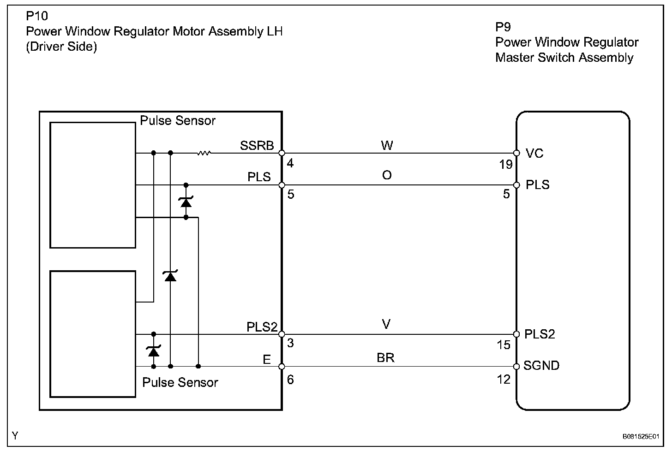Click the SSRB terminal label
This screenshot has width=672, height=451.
257,146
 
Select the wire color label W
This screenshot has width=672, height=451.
387,146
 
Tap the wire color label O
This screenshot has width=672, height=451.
387,175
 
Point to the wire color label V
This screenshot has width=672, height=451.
386,325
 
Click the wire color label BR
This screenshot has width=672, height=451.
386,357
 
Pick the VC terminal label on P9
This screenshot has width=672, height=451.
534,153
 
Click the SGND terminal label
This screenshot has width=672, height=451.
541,366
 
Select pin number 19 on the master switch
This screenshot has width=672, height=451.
506,165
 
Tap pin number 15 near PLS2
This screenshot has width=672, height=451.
504,345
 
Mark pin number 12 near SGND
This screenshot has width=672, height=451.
504,379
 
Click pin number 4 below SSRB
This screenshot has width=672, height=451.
290,164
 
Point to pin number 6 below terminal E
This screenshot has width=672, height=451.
290,379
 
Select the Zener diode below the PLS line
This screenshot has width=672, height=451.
186,202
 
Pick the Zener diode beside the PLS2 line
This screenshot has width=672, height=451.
153,351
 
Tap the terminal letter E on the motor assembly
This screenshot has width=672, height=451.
267,359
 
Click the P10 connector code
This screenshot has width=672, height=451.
36,17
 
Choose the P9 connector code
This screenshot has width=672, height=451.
503,27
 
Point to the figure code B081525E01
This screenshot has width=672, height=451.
641,436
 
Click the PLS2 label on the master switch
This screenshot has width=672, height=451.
540,334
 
